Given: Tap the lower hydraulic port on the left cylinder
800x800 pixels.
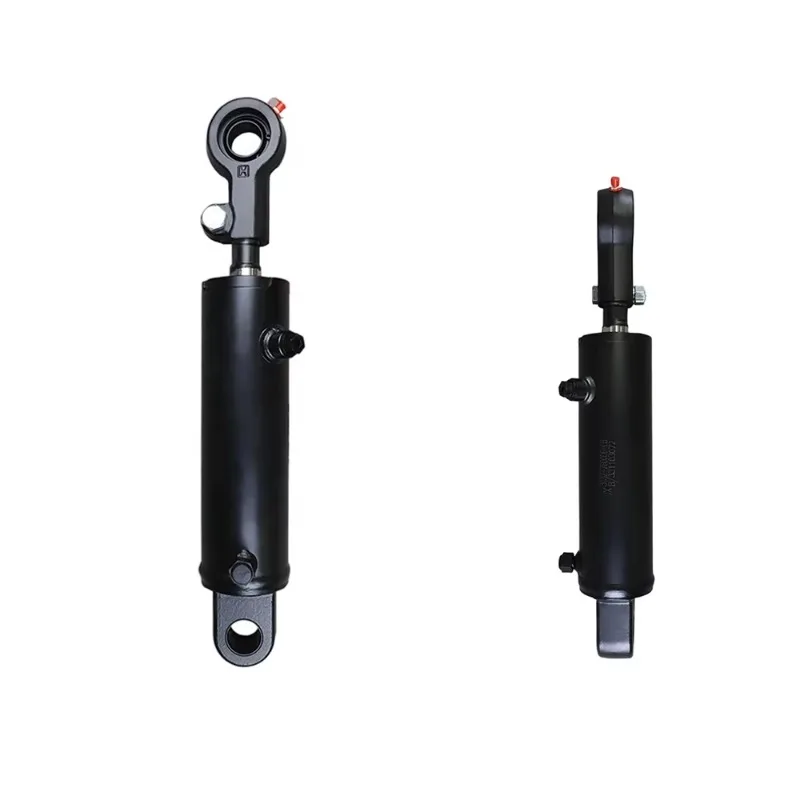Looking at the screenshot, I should point(239,570).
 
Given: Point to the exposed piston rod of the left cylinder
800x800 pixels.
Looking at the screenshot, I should point(247,257).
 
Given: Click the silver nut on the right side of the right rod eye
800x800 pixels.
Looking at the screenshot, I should point(637,294).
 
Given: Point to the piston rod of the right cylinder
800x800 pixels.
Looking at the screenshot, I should point(616,318).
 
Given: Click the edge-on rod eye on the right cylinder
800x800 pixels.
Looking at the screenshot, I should point(615,240).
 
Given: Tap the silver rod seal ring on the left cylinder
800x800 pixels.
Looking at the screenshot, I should point(247,270).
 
